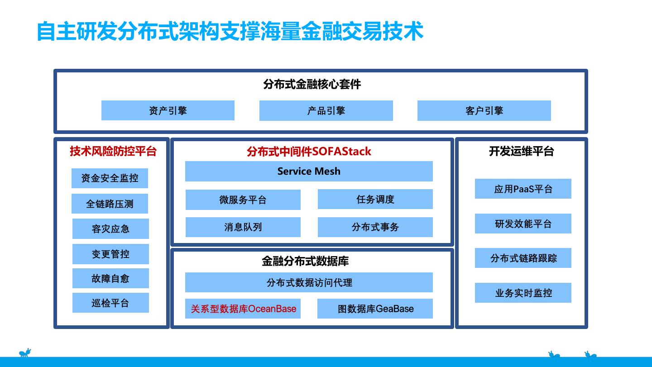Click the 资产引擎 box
click(168, 110)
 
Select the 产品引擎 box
click(326, 110)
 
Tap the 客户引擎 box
click(484, 110)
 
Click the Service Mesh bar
click(309, 171)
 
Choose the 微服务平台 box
click(243, 200)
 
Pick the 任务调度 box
click(375, 199)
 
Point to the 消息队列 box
click(243, 227)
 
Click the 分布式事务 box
click(375, 227)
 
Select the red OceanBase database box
click(243, 309)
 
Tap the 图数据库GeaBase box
click(375, 309)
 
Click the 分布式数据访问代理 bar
click(309, 282)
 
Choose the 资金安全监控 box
click(110, 178)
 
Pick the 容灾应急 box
click(110, 229)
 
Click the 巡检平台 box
click(110, 303)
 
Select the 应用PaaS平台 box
click(523, 189)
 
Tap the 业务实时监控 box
click(523, 293)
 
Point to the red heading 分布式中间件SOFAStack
click(309, 151)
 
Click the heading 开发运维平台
click(521, 151)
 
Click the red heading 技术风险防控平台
click(113, 151)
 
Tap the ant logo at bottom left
click(25, 353)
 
